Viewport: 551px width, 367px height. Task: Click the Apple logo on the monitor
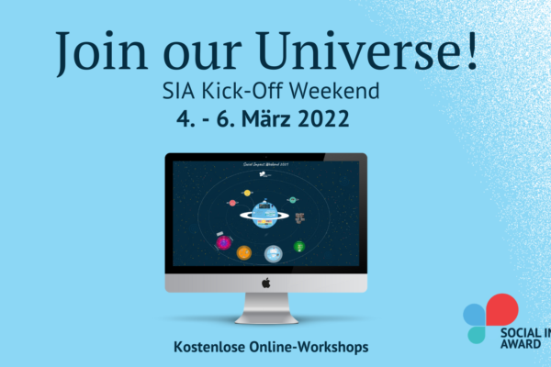pos(265,284)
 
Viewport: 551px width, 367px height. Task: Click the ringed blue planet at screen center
pos(265,214)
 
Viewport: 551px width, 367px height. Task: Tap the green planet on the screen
pos(299,246)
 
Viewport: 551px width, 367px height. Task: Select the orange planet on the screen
pos(244,252)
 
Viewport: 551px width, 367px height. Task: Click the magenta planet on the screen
pos(223,242)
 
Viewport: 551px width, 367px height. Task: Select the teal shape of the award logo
pos(476,334)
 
